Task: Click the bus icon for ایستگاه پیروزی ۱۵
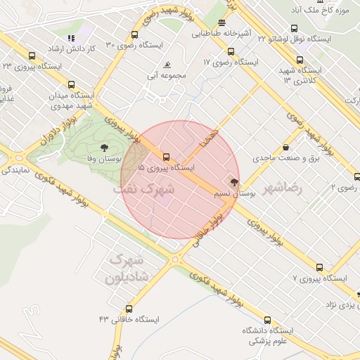(x=166, y=157)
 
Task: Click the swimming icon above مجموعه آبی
(x=169, y=65)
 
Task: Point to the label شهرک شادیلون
(x=127, y=270)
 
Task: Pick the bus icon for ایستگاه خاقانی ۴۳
(x=129, y=309)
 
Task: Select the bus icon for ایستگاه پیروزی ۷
(x=320, y=268)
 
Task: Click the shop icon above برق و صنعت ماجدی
(x=287, y=148)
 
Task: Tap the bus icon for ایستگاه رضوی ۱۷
(x=231, y=51)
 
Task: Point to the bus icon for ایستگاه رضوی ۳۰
(x=134, y=34)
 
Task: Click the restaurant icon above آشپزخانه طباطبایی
(x=222, y=22)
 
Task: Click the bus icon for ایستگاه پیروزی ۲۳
(x=32, y=56)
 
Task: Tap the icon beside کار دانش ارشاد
(x=70, y=38)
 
